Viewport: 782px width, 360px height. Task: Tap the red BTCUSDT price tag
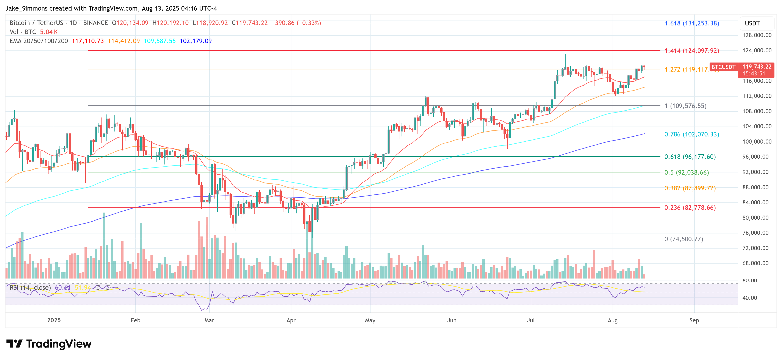point(723,67)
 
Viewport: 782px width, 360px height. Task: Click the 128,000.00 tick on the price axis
point(757,35)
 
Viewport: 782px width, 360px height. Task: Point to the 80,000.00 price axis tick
point(757,218)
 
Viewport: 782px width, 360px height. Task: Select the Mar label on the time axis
point(209,320)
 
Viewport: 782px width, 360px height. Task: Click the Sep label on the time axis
point(694,320)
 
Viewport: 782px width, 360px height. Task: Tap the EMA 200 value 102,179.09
point(195,41)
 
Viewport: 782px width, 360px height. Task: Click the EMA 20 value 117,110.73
point(88,41)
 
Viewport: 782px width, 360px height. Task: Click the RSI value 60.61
point(62,287)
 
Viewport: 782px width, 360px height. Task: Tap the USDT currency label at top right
point(752,23)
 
